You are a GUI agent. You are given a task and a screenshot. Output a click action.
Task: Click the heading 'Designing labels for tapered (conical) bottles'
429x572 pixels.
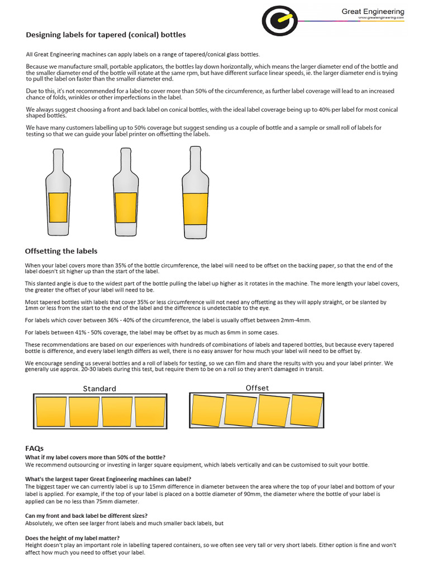click(x=106, y=35)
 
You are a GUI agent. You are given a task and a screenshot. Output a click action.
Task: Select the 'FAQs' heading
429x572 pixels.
click(x=34, y=448)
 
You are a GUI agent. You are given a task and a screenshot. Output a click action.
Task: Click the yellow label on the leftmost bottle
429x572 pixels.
click(x=58, y=207)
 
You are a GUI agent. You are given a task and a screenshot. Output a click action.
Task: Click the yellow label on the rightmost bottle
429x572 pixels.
click(x=195, y=207)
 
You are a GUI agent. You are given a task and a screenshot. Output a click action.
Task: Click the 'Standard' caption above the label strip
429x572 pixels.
click(x=99, y=388)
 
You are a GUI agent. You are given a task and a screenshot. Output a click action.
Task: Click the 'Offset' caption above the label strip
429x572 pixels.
click(x=257, y=388)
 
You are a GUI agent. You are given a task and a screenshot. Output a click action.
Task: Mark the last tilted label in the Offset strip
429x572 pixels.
click(x=307, y=411)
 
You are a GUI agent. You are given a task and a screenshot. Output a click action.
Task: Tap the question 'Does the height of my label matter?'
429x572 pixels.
click(x=73, y=538)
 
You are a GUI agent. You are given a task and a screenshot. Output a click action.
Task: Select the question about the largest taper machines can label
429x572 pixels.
click(x=108, y=479)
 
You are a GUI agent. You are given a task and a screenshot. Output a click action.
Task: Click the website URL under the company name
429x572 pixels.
click(x=382, y=17)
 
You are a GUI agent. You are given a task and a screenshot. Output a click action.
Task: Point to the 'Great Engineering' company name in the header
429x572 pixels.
click(x=373, y=11)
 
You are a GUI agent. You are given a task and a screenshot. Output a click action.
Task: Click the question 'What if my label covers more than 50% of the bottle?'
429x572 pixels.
click(x=96, y=457)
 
